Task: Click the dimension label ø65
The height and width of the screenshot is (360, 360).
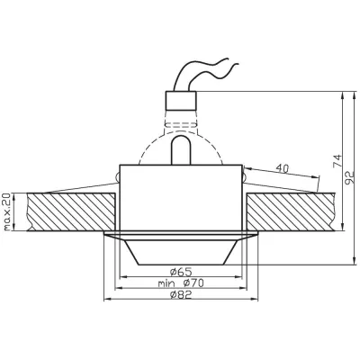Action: [x=183, y=270]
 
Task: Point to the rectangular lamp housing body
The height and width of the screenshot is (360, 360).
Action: [x=183, y=198]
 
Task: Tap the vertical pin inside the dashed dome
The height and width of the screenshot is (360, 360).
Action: [x=183, y=148]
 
